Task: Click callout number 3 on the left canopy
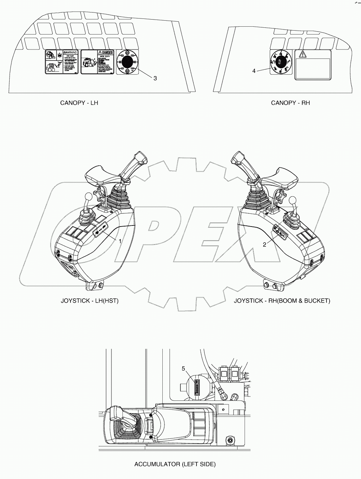click(x=155, y=78)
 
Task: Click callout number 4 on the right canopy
click(x=254, y=71)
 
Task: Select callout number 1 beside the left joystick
click(x=120, y=241)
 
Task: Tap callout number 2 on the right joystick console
click(x=265, y=244)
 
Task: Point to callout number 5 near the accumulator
click(x=184, y=368)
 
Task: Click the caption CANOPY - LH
click(x=79, y=103)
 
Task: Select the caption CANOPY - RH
click(x=291, y=103)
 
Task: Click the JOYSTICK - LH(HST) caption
click(x=89, y=300)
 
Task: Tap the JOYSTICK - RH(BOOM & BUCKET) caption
click(x=282, y=300)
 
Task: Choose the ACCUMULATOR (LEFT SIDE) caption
click(x=175, y=464)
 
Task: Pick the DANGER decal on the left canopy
click(x=97, y=62)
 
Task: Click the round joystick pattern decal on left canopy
click(x=127, y=62)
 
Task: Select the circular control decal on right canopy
click(x=281, y=62)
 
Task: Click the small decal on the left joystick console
click(x=100, y=229)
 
